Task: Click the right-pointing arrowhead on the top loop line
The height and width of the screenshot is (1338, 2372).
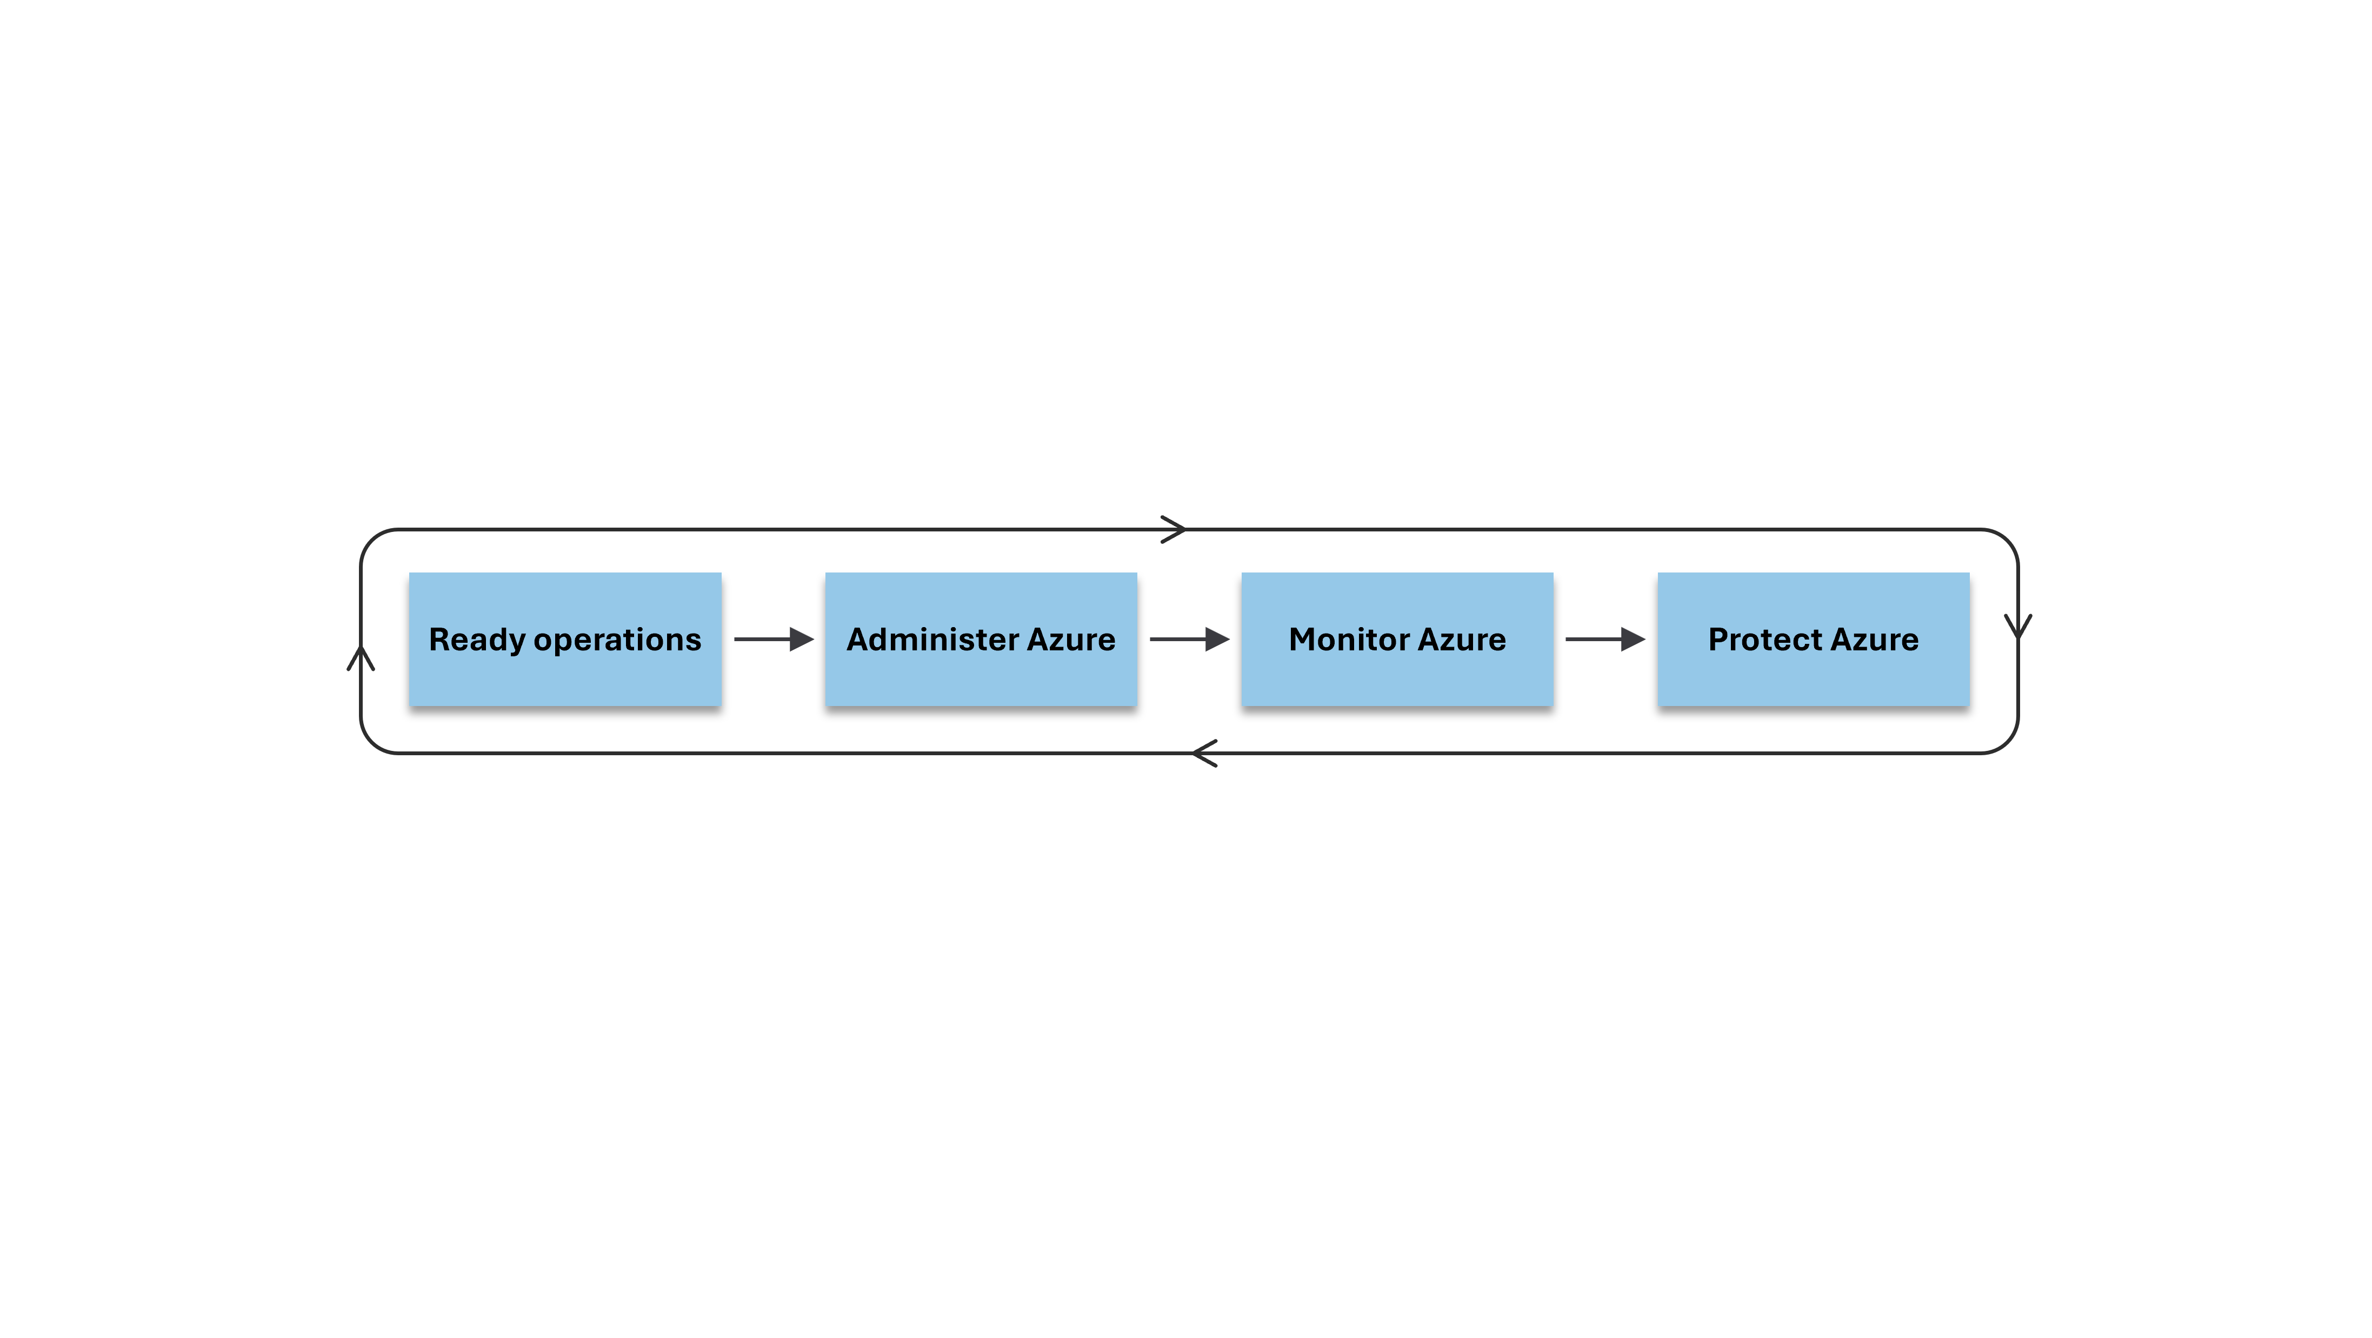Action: click(1174, 529)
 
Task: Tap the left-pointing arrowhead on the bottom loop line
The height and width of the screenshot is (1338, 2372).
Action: click(1204, 753)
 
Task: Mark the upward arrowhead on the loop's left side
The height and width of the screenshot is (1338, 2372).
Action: click(361, 657)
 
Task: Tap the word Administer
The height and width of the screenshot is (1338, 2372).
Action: click(931, 639)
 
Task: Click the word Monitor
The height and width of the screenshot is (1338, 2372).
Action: click(1349, 639)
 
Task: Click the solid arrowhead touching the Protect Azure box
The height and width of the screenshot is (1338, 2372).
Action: click(1631, 639)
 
